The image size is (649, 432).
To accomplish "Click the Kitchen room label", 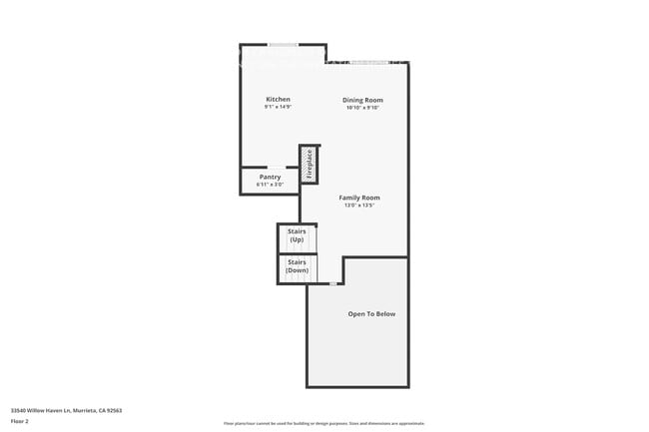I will point(278,99).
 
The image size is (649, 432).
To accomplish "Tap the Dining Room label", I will point(362,100).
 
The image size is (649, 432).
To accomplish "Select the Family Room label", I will point(359,198).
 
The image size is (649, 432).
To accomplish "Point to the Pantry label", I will point(270,177).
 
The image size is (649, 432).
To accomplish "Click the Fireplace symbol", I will point(309,164).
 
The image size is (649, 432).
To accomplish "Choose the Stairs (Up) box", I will point(297,236).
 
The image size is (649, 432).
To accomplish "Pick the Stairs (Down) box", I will point(297,267).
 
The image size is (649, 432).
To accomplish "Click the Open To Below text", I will point(371,314).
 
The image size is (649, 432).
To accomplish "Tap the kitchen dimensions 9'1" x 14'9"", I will point(278,108).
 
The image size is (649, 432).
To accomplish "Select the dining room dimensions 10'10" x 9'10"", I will point(362,108).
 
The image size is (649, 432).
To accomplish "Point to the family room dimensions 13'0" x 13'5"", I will point(359,206).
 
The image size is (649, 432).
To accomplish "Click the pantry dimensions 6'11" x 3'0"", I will point(270,185).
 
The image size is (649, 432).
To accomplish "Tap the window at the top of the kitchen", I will point(283,44).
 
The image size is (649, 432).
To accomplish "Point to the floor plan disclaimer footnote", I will point(324,423).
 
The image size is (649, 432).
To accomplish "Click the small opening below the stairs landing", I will point(333,284).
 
